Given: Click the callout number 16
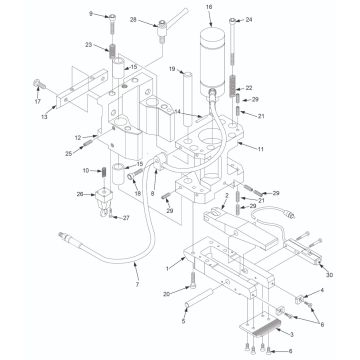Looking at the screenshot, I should coord(209,7).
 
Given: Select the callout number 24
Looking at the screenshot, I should coord(249,19).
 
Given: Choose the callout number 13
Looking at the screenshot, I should coord(44,116).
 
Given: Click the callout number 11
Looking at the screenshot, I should coord(262,148).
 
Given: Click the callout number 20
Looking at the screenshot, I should coord(166,294).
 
